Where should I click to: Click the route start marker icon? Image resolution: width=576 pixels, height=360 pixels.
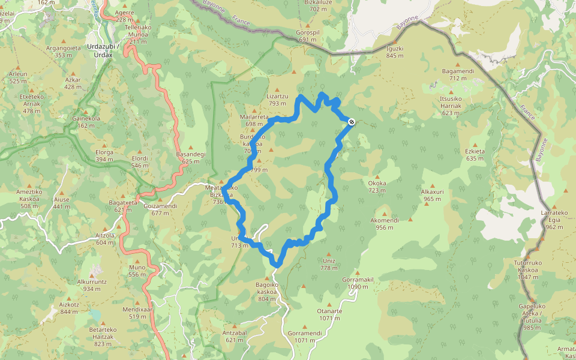coord(351,122)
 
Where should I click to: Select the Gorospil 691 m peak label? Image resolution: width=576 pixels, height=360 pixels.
coord(306,35)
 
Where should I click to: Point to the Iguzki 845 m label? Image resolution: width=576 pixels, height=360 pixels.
coord(395,52)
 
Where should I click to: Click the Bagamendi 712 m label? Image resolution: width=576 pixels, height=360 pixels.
coord(458,74)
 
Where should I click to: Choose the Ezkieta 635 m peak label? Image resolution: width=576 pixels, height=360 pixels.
coord(474,155)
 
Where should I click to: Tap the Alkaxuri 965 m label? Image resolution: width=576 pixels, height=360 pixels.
coord(432,196)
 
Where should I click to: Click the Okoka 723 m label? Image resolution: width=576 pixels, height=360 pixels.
coord(377,187)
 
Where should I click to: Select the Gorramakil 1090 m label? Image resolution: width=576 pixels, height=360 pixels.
coord(358,283)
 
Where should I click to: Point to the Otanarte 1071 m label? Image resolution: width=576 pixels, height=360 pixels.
coord(329,314)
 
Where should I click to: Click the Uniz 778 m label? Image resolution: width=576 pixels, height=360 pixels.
coord(328,265)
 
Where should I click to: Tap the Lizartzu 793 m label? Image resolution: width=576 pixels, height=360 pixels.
coord(277,100)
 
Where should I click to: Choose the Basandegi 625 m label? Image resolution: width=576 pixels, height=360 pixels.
coord(191,158)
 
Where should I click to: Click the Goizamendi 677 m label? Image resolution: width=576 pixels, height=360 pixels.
coord(160,209)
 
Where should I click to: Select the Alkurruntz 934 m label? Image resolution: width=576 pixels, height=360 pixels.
coord(92,285)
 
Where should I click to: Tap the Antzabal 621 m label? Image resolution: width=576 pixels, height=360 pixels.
coord(235,336)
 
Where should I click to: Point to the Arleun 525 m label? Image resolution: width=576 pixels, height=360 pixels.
coord(18,77)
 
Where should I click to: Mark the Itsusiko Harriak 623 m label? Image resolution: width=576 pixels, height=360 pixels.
coord(451,105)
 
